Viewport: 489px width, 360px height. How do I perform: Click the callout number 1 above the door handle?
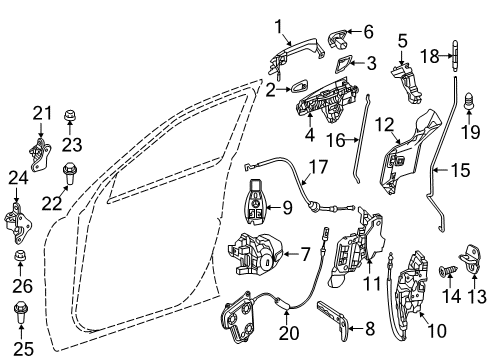278,27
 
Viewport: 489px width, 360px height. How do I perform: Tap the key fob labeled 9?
258,201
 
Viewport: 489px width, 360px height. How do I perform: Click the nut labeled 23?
70,116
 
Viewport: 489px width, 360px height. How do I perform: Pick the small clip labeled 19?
469,101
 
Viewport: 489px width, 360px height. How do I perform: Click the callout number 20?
289,333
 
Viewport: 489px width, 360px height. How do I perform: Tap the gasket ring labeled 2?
300,87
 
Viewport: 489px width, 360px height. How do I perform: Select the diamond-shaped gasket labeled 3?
342,64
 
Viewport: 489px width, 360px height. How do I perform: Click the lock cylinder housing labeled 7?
256,254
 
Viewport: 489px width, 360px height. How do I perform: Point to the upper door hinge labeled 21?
40,154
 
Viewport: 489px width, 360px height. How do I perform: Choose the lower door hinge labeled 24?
18,222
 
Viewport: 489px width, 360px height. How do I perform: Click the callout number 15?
460,170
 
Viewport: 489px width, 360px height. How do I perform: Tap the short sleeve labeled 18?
455,56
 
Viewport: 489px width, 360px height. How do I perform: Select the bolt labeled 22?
69,173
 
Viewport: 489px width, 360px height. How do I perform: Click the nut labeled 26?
20,256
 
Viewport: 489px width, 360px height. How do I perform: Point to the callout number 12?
384,125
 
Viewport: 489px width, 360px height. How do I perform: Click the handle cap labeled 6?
338,39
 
